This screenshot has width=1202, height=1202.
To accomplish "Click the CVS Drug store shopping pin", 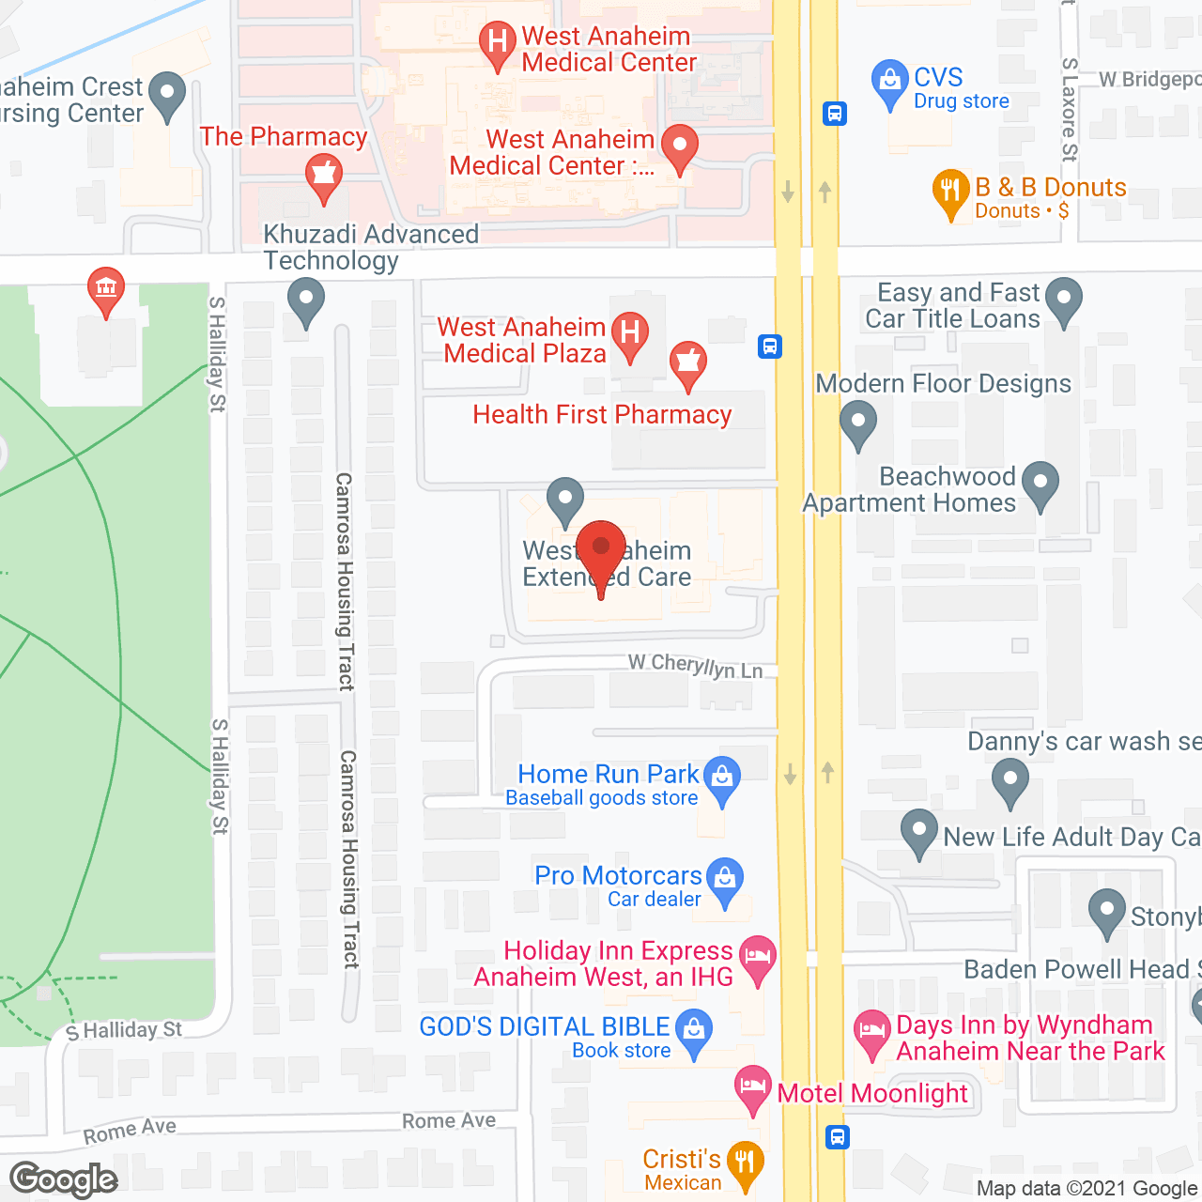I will pos(888,83).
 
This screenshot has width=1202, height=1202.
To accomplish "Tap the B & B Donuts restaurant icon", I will pos(950,191).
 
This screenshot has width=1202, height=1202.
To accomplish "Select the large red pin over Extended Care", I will pos(601,549).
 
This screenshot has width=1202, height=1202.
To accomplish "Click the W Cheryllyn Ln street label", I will pos(695,666).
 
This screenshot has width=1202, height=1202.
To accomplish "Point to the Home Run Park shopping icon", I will pos(722,778).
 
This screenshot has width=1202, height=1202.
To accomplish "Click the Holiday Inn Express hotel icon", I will pos(758,958).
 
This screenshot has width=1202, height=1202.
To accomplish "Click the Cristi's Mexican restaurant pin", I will pos(746,1163).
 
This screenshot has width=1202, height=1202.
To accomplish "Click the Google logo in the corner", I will pos(64,1179).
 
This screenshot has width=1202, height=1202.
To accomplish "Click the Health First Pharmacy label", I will pos(602,414).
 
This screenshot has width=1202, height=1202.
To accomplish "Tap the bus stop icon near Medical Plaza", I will pos(770,347).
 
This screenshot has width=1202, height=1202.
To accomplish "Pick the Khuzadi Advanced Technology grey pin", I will pos(305,302).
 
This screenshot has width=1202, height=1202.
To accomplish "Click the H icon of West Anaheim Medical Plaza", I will pos(630,332).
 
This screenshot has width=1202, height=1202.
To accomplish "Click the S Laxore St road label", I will pos(1070,108).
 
